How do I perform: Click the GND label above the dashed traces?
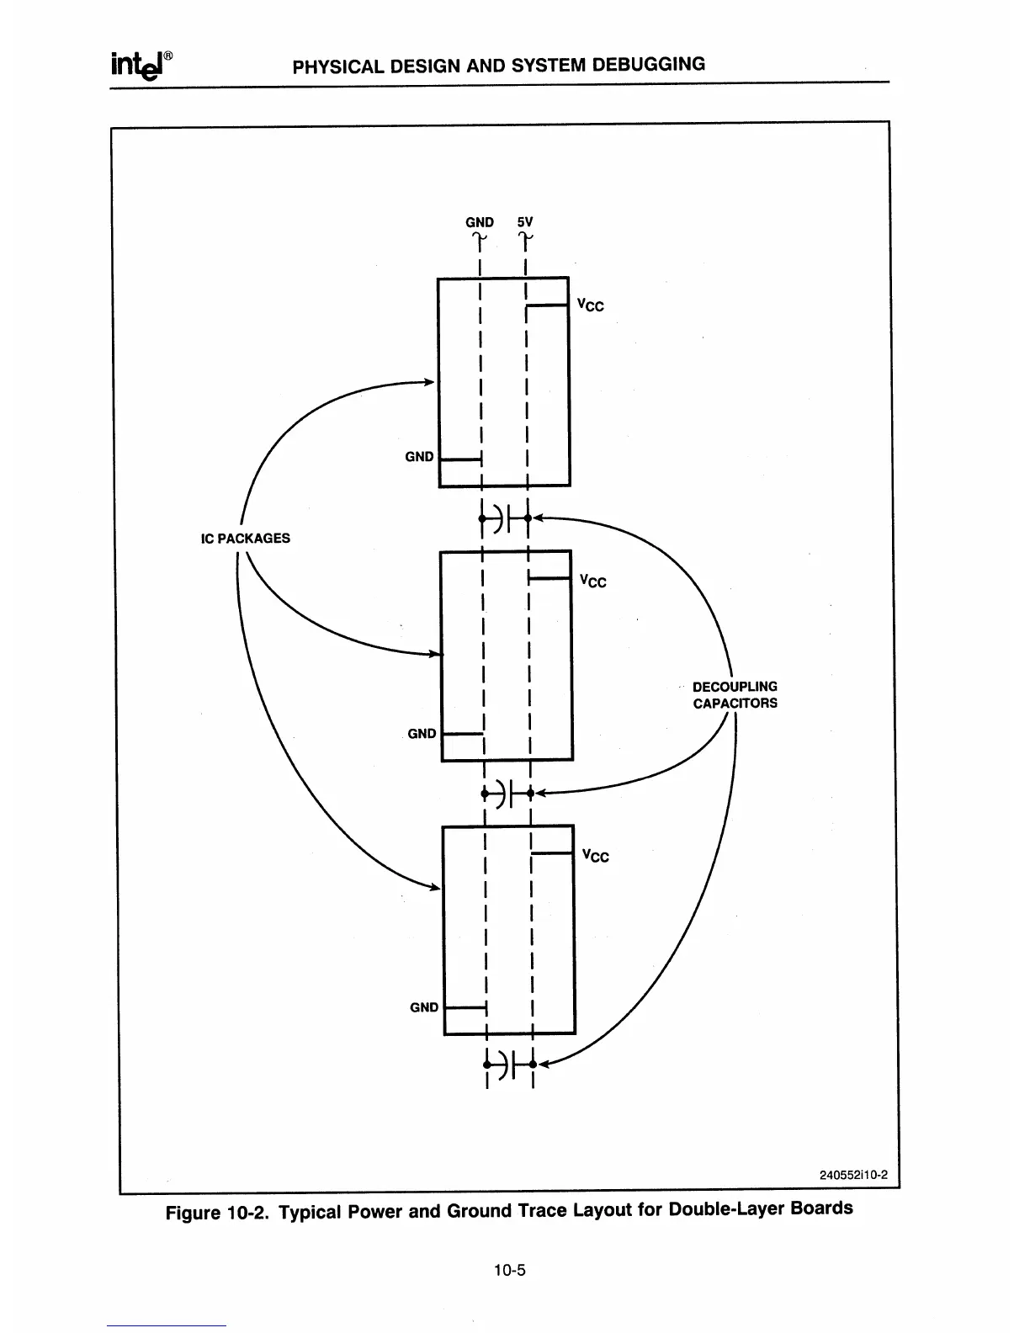tap(480, 222)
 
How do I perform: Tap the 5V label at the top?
tap(525, 222)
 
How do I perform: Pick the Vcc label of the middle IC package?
tap(593, 581)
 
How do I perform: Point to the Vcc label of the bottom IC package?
tap(595, 856)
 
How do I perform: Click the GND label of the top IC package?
tap(419, 457)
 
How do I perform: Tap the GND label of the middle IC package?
tap(422, 734)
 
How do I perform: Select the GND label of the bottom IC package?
tap(424, 1007)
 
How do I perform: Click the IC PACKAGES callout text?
tap(245, 539)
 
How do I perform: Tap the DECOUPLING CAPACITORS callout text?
tap(735, 695)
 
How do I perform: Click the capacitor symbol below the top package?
tap(504, 518)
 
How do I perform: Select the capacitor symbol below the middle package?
tap(507, 793)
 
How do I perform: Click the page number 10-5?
tap(510, 1271)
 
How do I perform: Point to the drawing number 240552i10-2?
tap(853, 1176)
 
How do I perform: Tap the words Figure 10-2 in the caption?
tap(217, 1214)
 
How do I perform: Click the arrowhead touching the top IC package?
tap(428, 382)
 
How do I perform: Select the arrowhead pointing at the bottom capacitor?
tap(544, 1065)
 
